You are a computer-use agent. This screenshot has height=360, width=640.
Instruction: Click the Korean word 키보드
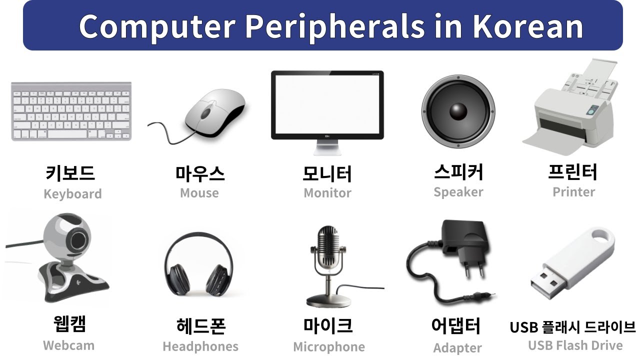(x=70, y=173)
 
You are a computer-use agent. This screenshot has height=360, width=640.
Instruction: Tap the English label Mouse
(x=199, y=193)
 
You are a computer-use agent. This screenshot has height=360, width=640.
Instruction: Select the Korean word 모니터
(x=327, y=173)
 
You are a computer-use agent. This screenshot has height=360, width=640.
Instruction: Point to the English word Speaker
(x=458, y=192)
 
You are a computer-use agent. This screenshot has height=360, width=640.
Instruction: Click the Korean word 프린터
(x=572, y=172)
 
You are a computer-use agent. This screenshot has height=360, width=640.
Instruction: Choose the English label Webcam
(x=68, y=345)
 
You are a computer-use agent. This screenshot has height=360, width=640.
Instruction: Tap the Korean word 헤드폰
(x=201, y=326)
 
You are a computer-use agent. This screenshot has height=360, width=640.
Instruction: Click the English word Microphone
(x=328, y=346)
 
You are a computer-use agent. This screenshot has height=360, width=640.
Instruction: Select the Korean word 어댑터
(x=455, y=326)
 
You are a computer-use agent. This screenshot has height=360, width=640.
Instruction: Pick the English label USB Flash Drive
(x=575, y=345)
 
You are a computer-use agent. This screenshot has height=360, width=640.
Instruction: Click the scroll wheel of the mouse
(x=205, y=113)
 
